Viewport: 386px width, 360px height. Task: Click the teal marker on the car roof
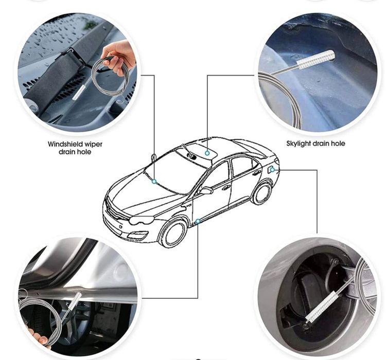click(x=207, y=153)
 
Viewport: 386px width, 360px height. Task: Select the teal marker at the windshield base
click(x=154, y=182)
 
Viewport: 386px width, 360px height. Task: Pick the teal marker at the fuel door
click(x=272, y=170)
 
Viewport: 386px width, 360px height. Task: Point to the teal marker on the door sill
click(x=198, y=221)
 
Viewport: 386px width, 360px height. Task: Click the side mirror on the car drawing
click(x=206, y=190)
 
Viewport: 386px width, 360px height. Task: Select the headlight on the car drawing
click(x=142, y=220)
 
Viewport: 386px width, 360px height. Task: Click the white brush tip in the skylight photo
click(x=316, y=59)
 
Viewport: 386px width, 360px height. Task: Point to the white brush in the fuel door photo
click(x=323, y=307)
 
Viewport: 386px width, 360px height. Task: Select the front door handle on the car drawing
click(x=226, y=188)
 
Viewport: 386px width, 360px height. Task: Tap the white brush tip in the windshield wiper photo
click(x=79, y=92)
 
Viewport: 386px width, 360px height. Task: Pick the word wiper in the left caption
click(x=93, y=144)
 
